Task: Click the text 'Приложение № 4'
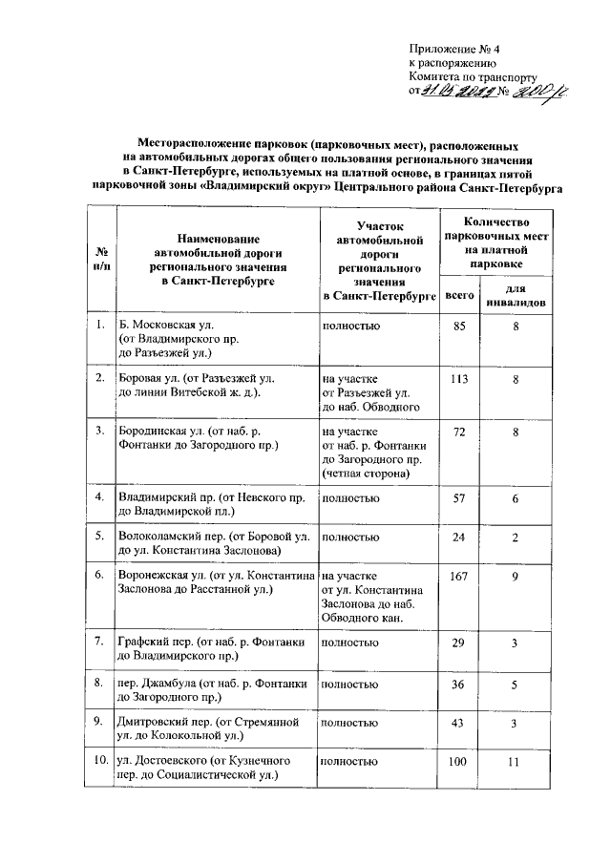(448, 49)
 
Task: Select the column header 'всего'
(460, 296)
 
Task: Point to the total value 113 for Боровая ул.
(459, 378)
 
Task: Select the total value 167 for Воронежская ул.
(459, 576)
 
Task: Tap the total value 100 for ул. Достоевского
(459, 761)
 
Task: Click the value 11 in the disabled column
(514, 761)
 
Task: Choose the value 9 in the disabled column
(514, 576)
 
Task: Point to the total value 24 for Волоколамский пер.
(459, 537)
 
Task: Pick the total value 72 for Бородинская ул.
(459, 432)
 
